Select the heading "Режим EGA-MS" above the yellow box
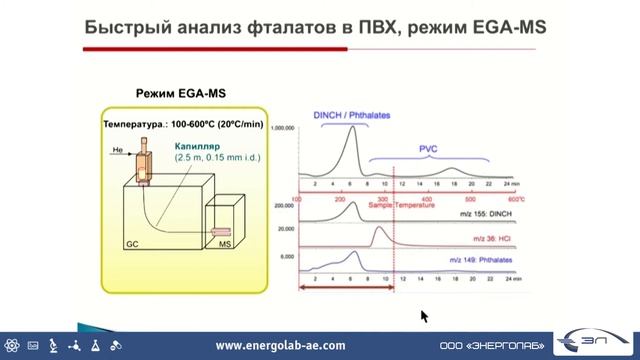coord(176,93)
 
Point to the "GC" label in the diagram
coord(131,243)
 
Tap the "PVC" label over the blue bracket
coord(428,148)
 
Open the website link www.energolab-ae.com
coord(280,345)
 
